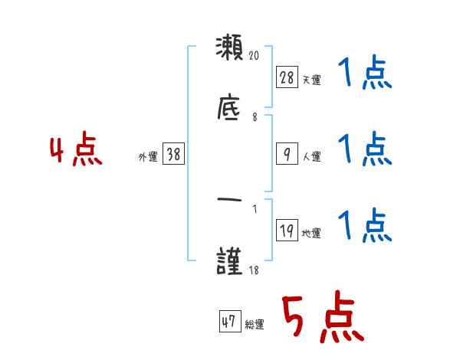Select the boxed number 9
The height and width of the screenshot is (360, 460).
287,154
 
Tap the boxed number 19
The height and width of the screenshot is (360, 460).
287,230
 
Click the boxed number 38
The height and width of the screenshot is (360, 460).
173,154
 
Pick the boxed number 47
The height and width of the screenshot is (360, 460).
228,322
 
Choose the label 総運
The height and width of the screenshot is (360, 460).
255,325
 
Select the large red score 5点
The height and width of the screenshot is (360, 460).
320,319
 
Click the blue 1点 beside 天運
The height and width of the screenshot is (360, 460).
364,75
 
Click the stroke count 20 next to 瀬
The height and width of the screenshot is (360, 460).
256,55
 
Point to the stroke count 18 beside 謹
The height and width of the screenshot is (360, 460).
254,270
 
